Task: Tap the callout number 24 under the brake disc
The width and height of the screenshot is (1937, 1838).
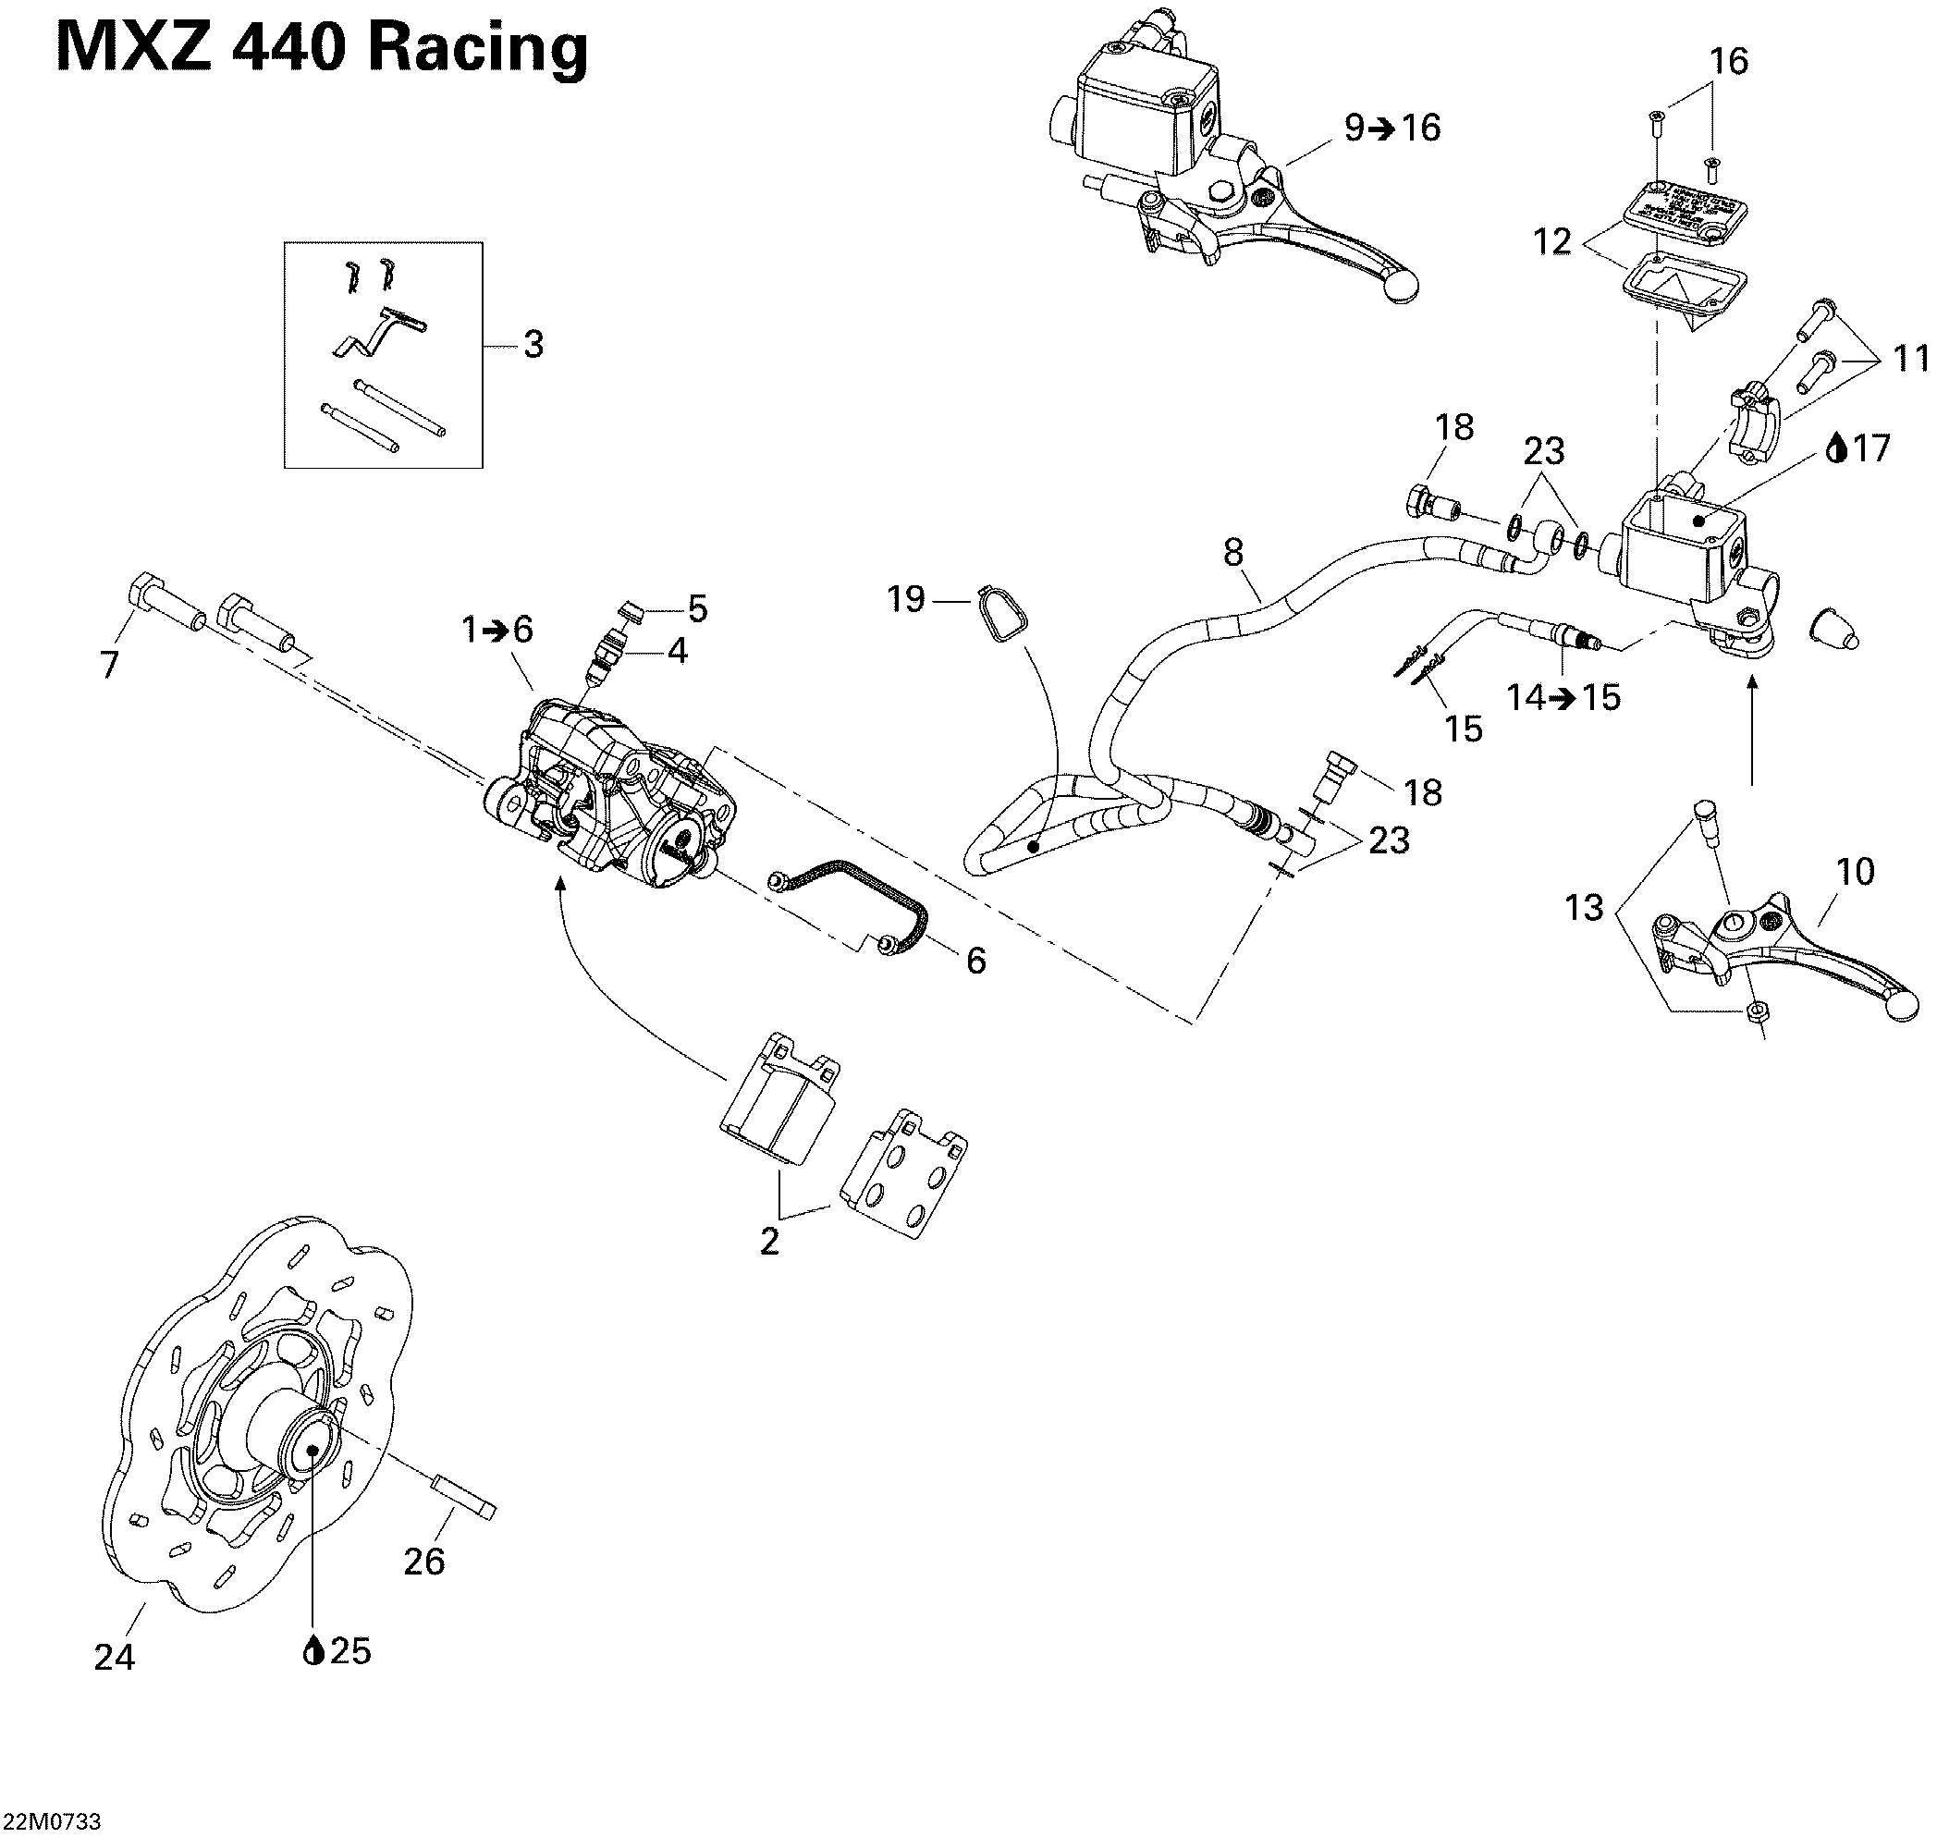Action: click(114, 1657)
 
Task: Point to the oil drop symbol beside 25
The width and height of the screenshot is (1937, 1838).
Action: click(313, 1651)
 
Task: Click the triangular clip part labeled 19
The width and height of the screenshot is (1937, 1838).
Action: click(1001, 615)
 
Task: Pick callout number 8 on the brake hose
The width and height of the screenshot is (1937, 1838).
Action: click(1232, 553)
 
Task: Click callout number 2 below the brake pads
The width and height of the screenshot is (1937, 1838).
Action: click(769, 1242)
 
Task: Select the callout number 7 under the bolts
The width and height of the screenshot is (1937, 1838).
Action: click(110, 664)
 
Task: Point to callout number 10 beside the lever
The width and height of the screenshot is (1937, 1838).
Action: click(1855, 871)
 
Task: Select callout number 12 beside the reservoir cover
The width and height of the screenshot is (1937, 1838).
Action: click(1551, 241)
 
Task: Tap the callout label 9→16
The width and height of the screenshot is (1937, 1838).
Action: click(1391, 129)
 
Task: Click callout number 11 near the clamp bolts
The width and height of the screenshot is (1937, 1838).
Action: click(1910, 359)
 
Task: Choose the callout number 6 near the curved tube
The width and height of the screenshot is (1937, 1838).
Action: click(975, 962)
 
